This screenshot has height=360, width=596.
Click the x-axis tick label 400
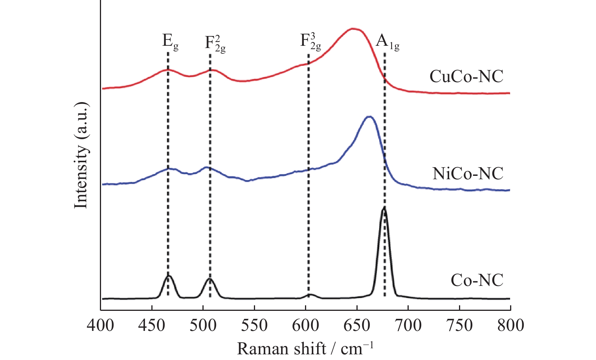[101, 325]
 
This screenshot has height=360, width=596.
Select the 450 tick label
[152, 325]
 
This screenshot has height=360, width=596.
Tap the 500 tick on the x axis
[203, 325]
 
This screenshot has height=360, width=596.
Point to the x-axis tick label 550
[254, 325]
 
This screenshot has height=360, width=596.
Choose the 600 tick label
[305, 325]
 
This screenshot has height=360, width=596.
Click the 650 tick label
[357, 325]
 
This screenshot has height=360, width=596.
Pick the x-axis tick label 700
[408, 325]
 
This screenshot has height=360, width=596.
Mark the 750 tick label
[459, 325]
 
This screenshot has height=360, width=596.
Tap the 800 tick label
[510, 325]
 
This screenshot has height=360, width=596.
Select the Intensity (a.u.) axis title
[81, 155]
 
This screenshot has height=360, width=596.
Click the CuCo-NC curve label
[466, 76]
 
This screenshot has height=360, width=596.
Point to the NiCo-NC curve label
[468, 174]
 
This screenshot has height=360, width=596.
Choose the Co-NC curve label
[477, 280]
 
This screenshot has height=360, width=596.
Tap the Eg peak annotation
[170, 41]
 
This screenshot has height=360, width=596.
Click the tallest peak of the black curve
[384, 208]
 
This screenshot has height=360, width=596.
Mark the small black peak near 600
[310, 294]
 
